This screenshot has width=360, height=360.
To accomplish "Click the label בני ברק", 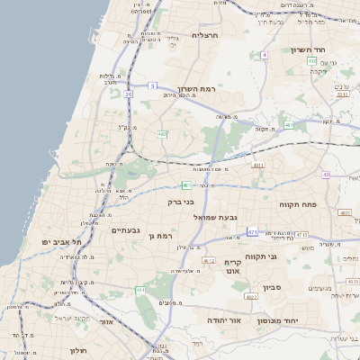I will point(181,202).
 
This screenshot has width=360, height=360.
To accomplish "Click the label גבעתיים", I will point(125,230).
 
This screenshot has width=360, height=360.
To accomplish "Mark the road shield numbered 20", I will point(129,93).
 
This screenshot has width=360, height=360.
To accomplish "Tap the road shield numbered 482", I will point(163,134).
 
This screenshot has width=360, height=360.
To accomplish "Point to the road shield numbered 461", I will point(139,290).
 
